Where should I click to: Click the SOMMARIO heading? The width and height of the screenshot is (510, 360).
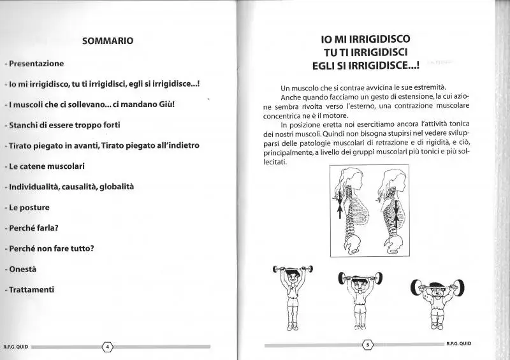click(x=108, y=41)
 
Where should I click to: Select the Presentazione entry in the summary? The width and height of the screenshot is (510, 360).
click(x=36, y=64)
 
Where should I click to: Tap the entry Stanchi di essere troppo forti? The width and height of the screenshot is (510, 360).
click(x=64, y=125)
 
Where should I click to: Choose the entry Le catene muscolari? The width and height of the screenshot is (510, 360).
click(x=47, y=166)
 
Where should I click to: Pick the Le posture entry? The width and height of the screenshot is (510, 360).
click(x=29, y=207)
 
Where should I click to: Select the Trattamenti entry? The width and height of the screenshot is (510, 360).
click(x=31, y=289)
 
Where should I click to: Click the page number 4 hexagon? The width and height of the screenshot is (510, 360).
click(x=108, y=347)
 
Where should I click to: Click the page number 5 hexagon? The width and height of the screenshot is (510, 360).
click(x=367, y=345)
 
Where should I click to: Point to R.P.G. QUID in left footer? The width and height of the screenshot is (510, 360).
click(x=14, y=347)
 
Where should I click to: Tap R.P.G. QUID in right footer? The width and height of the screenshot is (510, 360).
click(x=459, y=344)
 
